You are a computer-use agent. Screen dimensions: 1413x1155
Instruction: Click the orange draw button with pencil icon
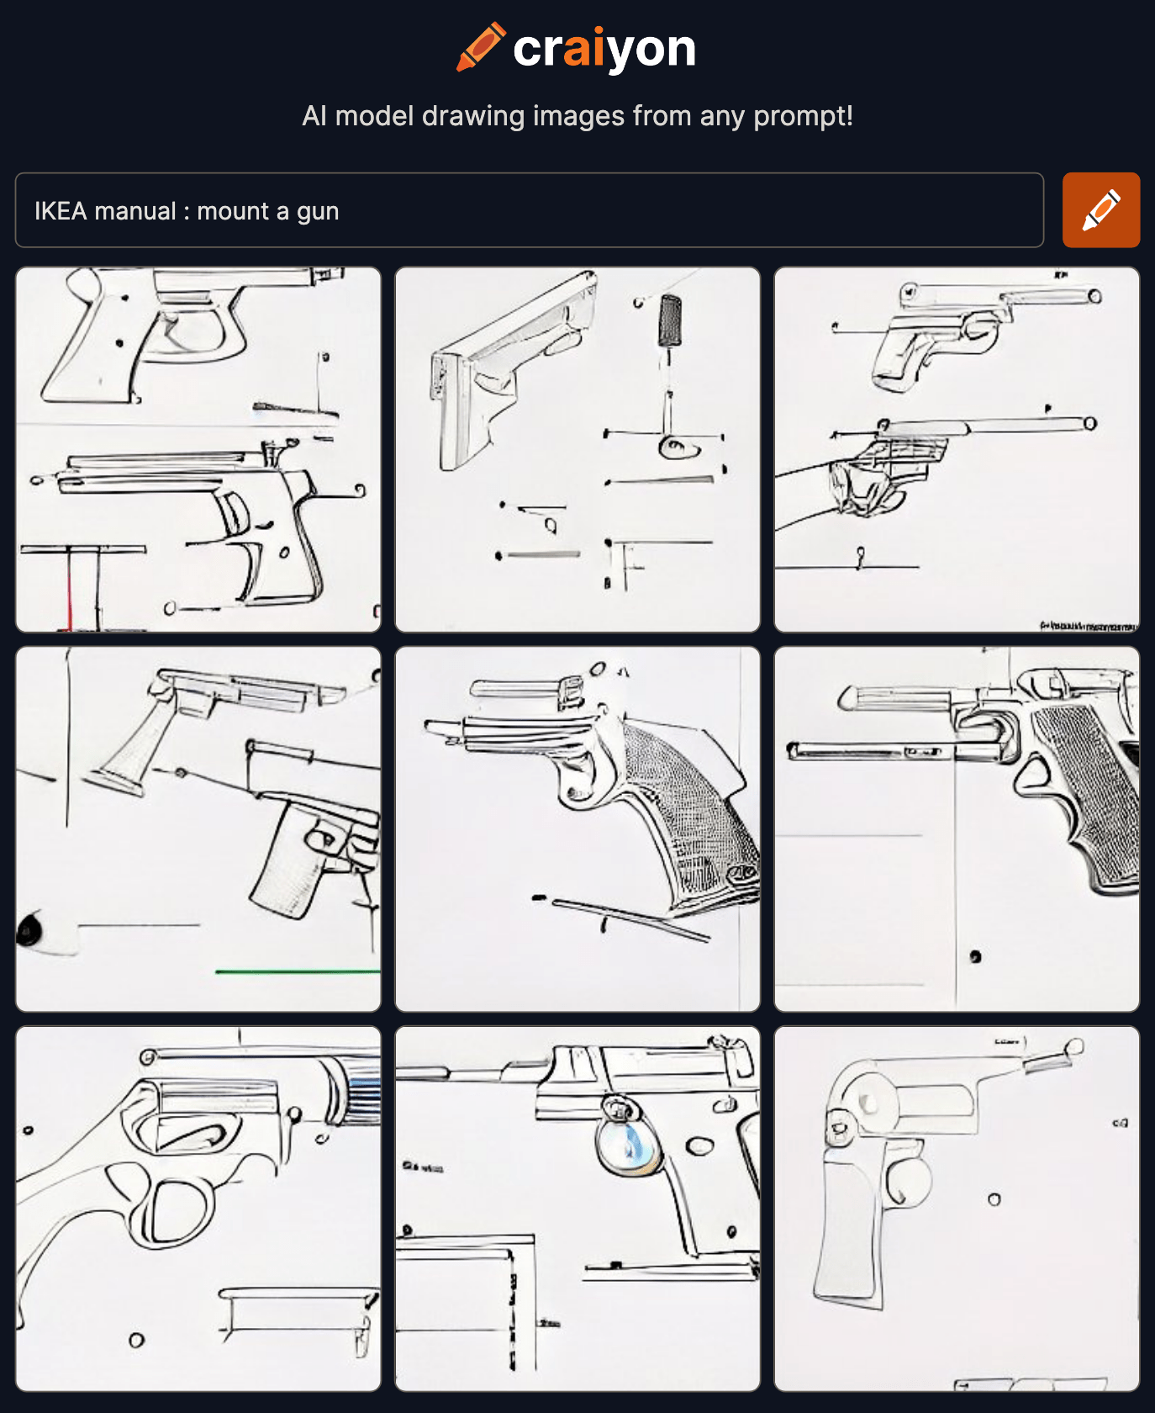click(x=1100, y=210)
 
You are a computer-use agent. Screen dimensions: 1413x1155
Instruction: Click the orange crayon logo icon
click(x=481, y=47)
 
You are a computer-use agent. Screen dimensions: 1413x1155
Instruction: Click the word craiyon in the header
click(x=604, y=49)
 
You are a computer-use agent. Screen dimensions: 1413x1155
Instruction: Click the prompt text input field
click(x=530, y=210)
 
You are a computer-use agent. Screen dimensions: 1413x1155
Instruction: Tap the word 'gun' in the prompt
click(x=318, y=211)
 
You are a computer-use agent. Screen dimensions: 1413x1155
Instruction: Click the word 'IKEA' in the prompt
click(x=61, y=211)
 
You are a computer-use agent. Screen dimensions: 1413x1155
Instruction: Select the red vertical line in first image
click(x=69, y=589)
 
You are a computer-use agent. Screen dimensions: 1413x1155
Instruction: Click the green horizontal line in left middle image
click(x=294, y=971)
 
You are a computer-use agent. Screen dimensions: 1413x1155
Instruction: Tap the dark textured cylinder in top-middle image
click(x=670, y=320)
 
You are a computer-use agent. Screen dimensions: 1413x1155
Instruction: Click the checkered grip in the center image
click(x=689, y=807)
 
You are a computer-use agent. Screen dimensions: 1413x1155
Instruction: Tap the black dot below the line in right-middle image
click(x=975, y=956)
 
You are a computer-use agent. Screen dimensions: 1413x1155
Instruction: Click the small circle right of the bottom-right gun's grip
click(x=994, y=1199)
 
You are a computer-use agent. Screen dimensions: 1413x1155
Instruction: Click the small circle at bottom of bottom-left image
click(x=136, y=1340)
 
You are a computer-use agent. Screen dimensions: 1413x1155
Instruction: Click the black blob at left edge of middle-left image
click(x=29, y=929)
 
